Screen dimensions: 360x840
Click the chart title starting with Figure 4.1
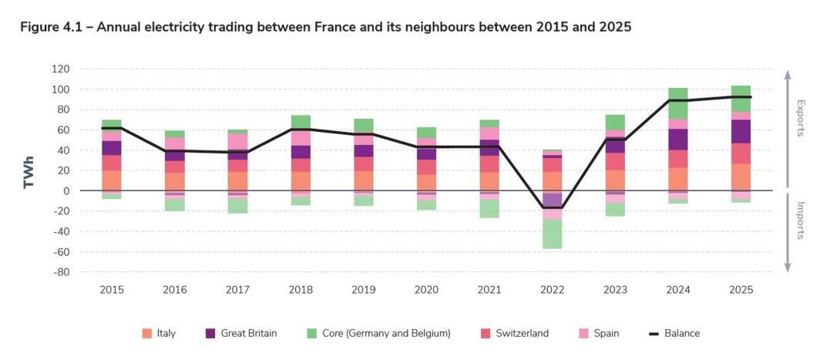(x=325, y=27)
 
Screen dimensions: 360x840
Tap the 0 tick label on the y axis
(x=66, y=191)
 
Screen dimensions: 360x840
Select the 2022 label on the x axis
(x=553, y=290)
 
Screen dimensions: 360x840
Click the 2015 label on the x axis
(x=112, y=290)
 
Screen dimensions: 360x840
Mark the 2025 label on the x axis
(x=741, y=290)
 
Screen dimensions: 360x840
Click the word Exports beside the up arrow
(x=801, y=118)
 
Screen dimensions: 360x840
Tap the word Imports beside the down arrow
(x=801, y=220)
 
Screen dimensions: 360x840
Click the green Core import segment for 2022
(x=552, y=234)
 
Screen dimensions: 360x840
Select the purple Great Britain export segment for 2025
(x=741, y=131)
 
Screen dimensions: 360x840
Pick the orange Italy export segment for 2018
(x=301, y=181)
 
